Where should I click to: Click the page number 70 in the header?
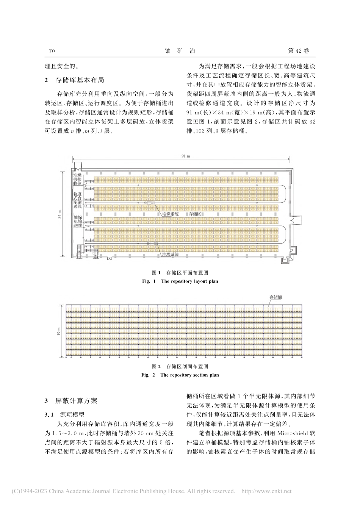52,51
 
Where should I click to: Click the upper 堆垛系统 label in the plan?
170,214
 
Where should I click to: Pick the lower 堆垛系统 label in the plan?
170,255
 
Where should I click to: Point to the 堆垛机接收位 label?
78,179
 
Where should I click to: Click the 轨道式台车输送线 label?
78,200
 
